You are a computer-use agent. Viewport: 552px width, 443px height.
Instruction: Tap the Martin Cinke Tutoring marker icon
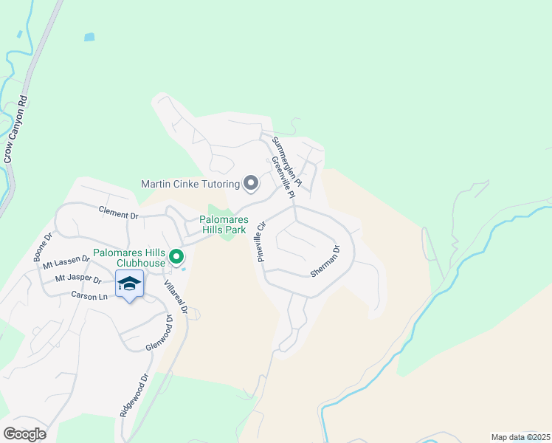pos(251,182)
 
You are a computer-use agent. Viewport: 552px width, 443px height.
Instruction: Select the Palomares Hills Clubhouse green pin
pos(176,257)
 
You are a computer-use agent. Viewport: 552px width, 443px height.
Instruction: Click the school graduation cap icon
pos(129,284)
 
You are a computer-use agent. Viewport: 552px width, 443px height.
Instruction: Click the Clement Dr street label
pos(120,213)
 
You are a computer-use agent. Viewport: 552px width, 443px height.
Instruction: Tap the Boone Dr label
pos(42,247)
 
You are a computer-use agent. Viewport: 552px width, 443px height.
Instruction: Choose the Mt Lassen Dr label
pos(66,262)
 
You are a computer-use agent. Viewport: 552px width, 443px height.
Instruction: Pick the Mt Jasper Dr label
pos(77,279)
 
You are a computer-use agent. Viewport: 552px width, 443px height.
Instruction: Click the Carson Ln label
pos(90,295)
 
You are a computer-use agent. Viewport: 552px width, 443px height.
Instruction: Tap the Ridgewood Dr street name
pos(134,396)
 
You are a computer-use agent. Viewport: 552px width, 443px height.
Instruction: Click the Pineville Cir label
pos(261,241)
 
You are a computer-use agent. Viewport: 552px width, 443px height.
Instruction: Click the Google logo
pos(24,434)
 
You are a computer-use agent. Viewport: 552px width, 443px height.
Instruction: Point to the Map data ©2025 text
pos(520,437)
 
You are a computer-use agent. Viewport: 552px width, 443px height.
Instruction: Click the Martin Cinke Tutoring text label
pos(190,183)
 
